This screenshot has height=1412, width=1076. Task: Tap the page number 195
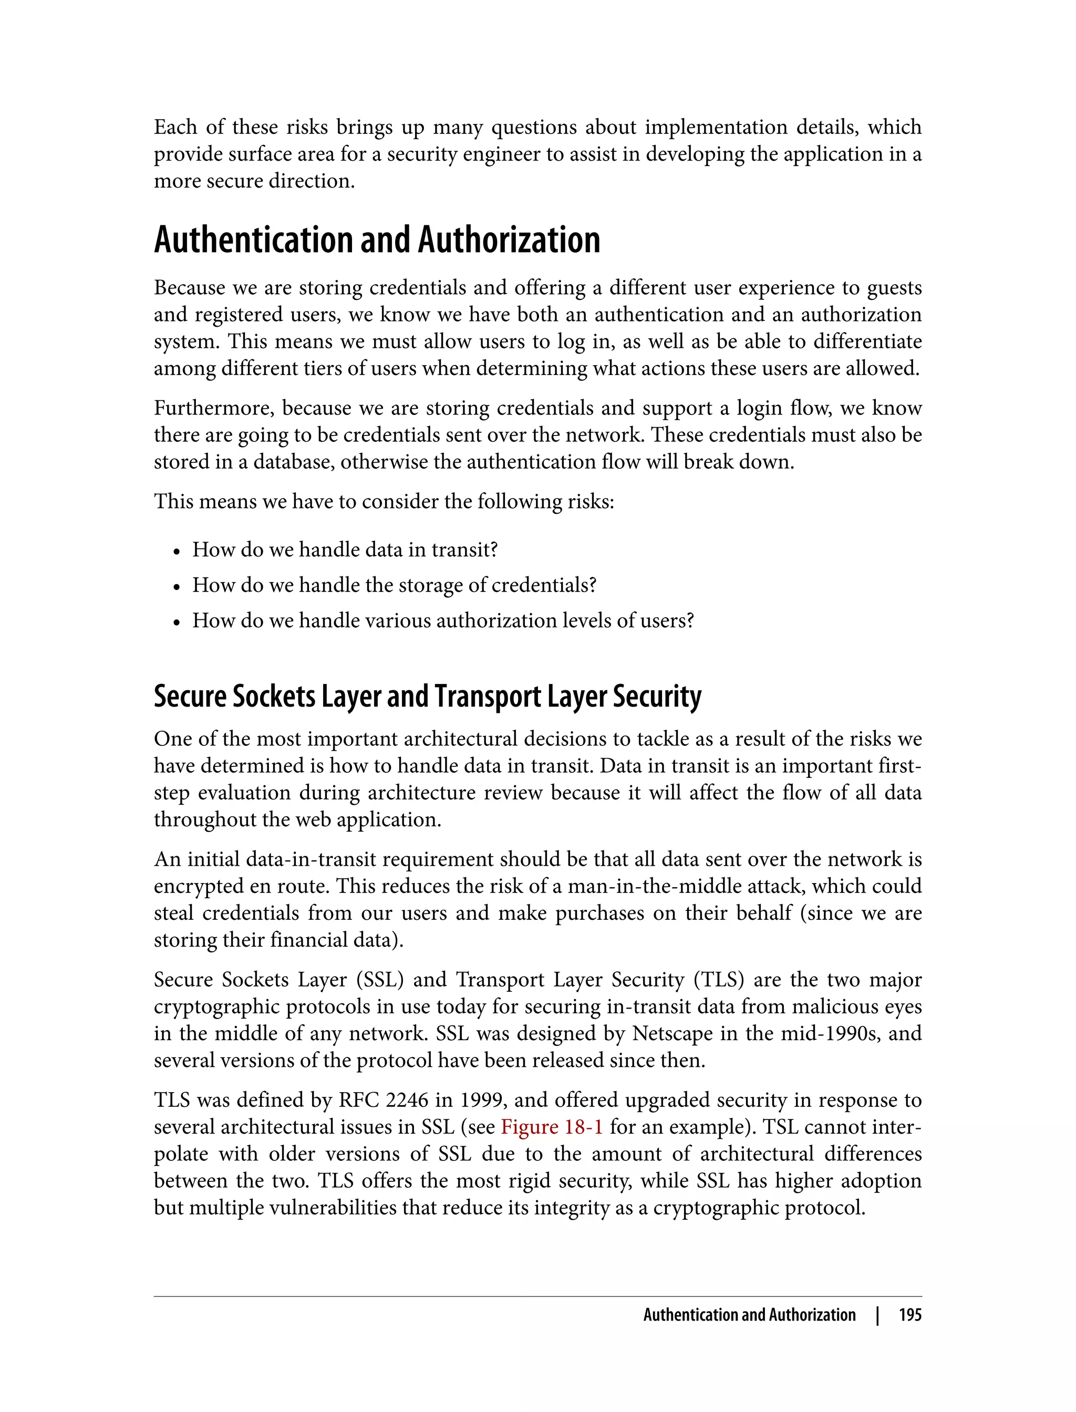pos(909,1315)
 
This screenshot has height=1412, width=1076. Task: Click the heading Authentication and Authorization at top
pos(377,240)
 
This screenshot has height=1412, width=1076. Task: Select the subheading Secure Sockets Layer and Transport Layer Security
pos(427,696)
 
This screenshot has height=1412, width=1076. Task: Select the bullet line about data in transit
pos(345,549)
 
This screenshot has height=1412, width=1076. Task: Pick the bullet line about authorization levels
pos(442,620)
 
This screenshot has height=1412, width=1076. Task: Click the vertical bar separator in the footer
pos(877,1315)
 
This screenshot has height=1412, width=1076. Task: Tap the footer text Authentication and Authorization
pos(749,1315)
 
